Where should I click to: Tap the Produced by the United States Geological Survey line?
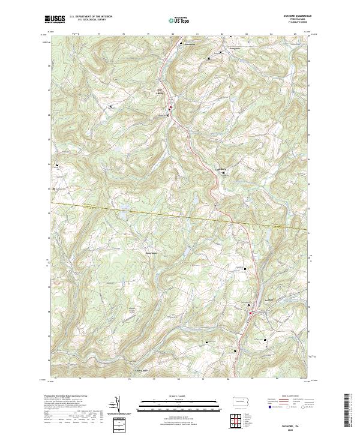66,397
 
